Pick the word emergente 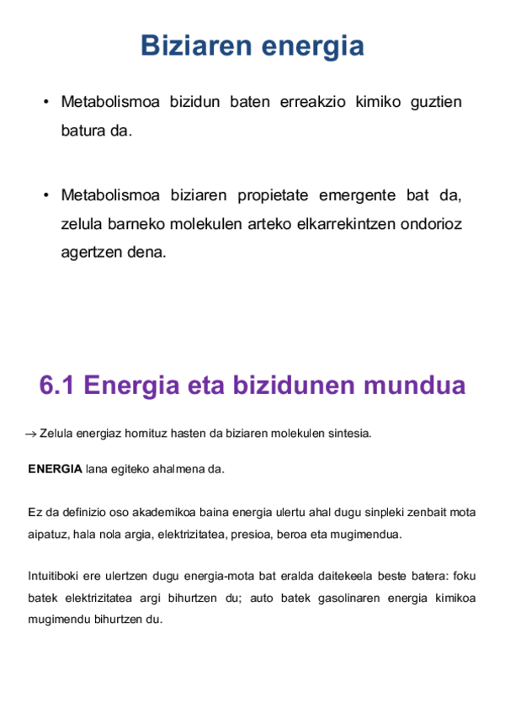[358, 196]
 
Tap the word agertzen [91, 252]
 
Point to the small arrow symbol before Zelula [31, 434]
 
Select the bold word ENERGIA [55, 469]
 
